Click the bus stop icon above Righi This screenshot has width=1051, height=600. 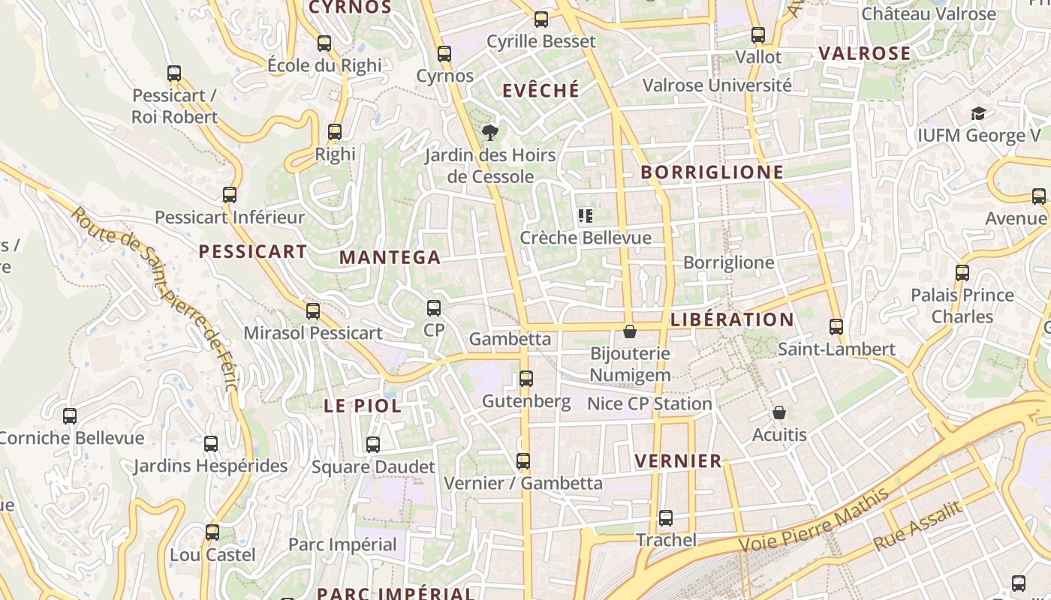tap(335, 132)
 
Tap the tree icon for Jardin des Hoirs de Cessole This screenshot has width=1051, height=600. tap(490, 133)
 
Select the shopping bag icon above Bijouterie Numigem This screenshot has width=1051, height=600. tap(630, 331)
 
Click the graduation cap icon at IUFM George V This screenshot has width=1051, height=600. tap(978, 114)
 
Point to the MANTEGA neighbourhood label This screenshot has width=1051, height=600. tap(390, 257)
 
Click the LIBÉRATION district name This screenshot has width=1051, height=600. tap(732, 319)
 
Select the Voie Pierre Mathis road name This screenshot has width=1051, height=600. tap(814, 520)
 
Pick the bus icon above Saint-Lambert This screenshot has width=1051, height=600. tap(836, 327)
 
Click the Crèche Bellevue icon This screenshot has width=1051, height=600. tap(586, 217)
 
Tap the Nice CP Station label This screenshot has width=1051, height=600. tap(649, 403)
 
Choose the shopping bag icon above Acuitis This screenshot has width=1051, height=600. tap(779, 412)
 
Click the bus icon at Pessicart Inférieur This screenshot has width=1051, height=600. tap(230, 195)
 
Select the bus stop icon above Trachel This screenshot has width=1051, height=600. tap(666, 517)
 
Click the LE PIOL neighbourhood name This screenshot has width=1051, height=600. tap(363, 406)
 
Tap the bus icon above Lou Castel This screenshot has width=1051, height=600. tap(212, 532)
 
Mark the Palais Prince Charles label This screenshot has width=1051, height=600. tap(962, 305)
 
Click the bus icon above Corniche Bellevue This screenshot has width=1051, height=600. tap(70, 415)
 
